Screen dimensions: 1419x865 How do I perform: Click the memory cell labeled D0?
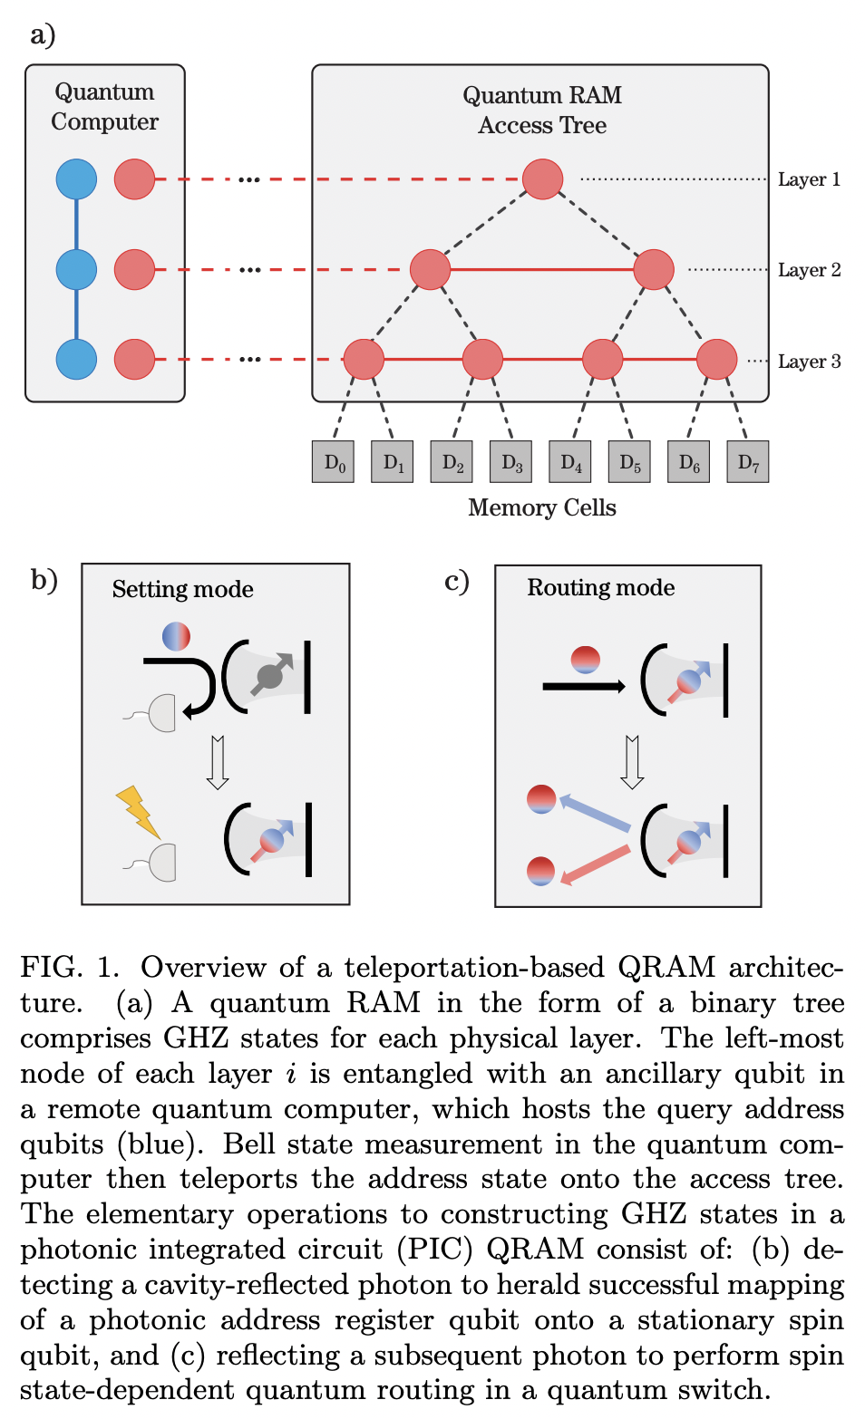[x=333, y=462]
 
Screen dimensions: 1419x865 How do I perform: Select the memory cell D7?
[x=747, y=462]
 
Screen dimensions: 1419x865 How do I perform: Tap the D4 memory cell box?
[x=570, y=462]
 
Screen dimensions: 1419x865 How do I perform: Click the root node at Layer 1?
[x=542, y=179]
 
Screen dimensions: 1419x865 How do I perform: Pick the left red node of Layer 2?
[x=430, y=269]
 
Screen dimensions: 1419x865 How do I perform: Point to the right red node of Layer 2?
[x=654, y=269]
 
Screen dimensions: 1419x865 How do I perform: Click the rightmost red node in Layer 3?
[x=716, y=360]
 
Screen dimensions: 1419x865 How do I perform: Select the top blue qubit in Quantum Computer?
[x=76, y=179]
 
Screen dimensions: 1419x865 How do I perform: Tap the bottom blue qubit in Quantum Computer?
[x=76, y=360]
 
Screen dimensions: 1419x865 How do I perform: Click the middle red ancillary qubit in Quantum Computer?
[x=134, y=269]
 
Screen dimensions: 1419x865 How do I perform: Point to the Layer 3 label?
[x=809, y=362]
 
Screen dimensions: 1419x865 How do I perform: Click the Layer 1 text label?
[x=809, y=179]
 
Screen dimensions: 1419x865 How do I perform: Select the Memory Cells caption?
[x=541, y=507]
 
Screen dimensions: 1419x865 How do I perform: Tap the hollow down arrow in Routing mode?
[x=632, y=762]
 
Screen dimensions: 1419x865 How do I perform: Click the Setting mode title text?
[x=182, y=589]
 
